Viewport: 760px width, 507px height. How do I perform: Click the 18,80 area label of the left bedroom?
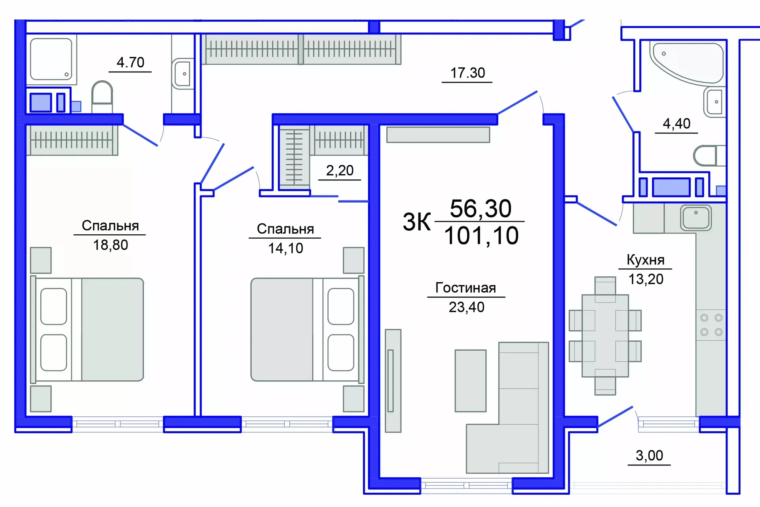click(110, 245)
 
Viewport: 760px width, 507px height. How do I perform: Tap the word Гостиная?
click(465, 288)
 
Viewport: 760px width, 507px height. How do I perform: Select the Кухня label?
click(645, 260)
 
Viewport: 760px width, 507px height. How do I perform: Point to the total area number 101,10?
click(481, 236)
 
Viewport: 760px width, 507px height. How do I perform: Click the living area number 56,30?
click(481, 209)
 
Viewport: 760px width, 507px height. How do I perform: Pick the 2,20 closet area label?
click(340, 171)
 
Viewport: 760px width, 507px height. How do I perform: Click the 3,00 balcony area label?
click(649, 456)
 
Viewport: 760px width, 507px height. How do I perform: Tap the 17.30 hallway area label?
click(467, 73)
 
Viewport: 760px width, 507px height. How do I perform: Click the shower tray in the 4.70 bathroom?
click(51, 59)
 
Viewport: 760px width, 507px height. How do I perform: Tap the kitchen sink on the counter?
click(695, 218)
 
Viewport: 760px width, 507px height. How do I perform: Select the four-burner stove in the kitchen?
click(711, 325)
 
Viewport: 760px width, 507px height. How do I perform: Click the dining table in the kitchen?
click(605, 336)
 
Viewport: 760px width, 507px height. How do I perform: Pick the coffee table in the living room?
click(470, 381)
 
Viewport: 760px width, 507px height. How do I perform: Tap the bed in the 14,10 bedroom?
click(307, 329)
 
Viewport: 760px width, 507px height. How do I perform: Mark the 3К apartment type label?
click(416, 222)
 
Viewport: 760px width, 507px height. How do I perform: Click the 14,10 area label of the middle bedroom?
click(285, 248)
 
